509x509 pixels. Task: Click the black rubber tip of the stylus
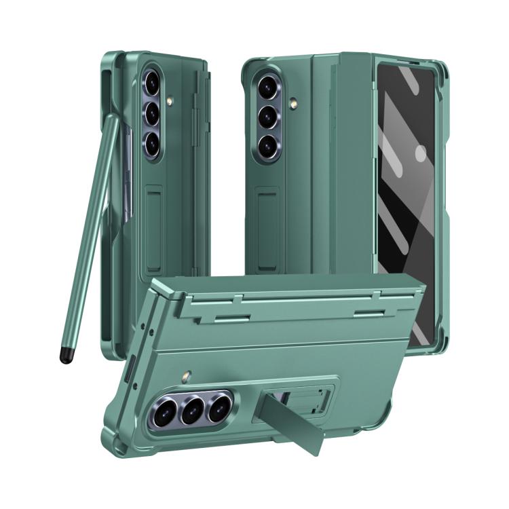pyautogui.click(x=67, y=356)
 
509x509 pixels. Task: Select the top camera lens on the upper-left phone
pyautogui.click(x=153, y=83)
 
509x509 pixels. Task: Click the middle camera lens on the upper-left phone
pyautogui.click(x=153, y=113)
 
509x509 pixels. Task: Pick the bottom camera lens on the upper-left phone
pyautogui.click(x=153, y=143)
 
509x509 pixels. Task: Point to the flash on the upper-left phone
pyautogui.click(x=169, y=102)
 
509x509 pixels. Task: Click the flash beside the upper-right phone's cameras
pyautogui.click(x=294, y=104)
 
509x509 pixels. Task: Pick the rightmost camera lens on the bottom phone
pyautogui.click(x=219, y=408)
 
